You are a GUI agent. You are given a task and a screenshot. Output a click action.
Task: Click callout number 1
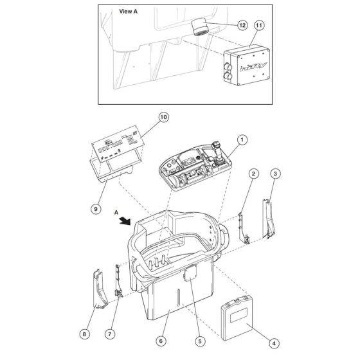(x=242, y=139)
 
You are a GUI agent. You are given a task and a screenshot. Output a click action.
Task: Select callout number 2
(x=255, y=174)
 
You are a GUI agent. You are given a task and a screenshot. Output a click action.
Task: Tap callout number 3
(x=275, y=174)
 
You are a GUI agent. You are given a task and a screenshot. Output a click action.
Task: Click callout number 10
(x=163, y=118)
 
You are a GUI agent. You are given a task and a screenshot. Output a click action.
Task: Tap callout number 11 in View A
(x=260, y=25)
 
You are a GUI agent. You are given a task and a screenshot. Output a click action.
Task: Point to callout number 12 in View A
(x=242, y=25)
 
